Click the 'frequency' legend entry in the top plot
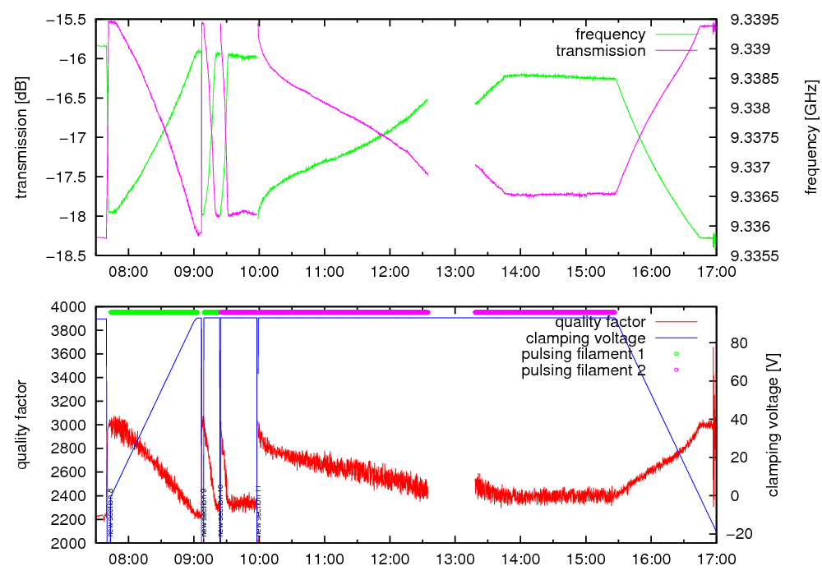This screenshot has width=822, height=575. [x=610, y=34]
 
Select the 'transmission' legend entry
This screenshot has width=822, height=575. [x=600, y=51]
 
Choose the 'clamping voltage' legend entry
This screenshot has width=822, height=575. [x=585, y=338]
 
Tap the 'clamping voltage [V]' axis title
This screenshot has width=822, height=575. [x=773, y=425]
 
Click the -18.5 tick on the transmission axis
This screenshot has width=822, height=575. [x=69, y=255]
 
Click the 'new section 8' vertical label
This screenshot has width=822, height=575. [x=110, y=514]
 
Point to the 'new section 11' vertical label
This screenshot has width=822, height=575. [x=259, y=513]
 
